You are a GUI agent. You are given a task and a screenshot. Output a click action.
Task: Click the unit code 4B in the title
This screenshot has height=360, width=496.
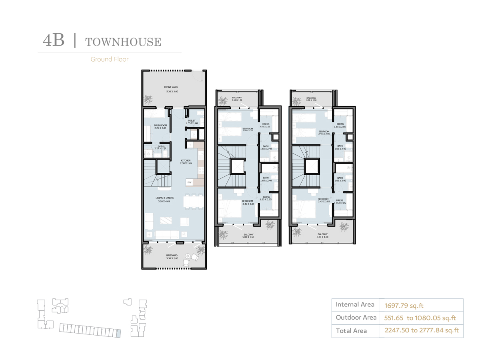click(54, 41)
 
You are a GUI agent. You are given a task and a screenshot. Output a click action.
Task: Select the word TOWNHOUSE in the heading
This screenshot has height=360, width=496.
click(123, 42)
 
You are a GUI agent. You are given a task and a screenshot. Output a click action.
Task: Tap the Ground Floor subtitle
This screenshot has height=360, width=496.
click(109, 59)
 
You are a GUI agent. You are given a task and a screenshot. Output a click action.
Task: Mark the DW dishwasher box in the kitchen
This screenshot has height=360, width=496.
click(189, 182)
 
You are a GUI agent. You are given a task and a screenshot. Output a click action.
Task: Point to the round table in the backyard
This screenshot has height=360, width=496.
click(187, 256)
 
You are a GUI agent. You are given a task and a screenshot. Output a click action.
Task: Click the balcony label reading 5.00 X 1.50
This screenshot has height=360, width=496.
click(248, 236)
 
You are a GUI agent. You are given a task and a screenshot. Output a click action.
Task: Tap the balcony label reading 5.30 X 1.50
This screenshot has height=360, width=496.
click(322, 236)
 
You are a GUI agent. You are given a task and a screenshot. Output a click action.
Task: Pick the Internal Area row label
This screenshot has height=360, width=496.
click(355, 304)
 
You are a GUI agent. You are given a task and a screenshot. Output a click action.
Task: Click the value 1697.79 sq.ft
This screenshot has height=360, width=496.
click(404, 306)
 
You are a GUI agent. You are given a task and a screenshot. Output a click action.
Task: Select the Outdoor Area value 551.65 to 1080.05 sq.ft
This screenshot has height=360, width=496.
click(420, 318)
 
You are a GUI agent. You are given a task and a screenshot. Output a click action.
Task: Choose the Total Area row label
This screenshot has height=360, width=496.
click(351, 331)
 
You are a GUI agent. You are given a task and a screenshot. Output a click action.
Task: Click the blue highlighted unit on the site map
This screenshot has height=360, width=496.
click(118, 333)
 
